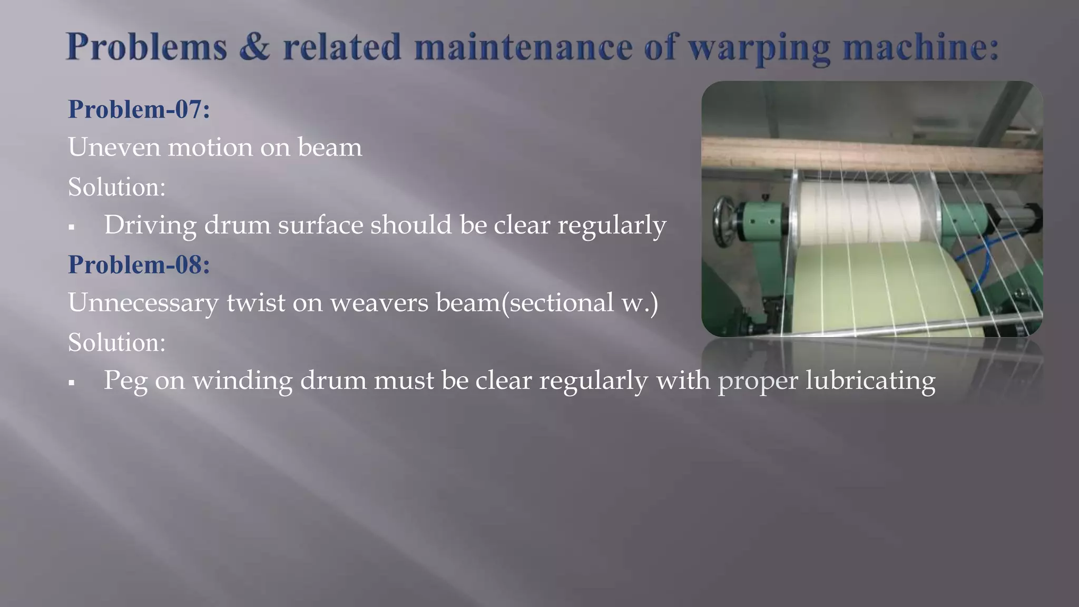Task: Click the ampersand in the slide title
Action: (x=254, y=47)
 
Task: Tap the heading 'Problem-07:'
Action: (x=139, y=109)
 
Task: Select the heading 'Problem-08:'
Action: (x=139, y=264)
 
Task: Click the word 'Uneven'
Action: (x=114, y=147)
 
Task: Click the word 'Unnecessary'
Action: (x=143, y=303)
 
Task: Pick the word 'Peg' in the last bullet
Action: (x=125, y=380)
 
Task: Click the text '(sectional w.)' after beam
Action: (x=580, y=303)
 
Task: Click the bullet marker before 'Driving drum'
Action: (x=72, y=228)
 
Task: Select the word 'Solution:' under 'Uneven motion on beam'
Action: (x=117, y=187)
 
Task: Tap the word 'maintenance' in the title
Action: (x=523, y=47)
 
